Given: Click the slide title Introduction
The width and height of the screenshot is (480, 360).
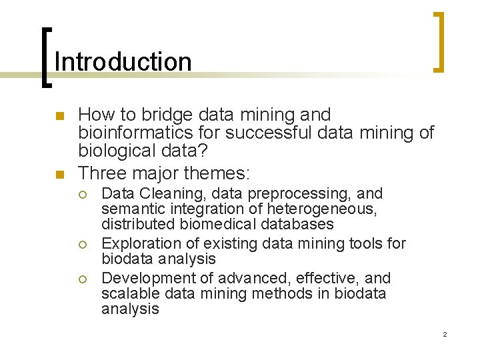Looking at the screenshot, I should (x=123, y=62).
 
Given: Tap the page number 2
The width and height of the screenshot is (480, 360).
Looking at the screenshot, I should (x=445, y=334).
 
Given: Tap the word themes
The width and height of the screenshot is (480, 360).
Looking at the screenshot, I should (x=213, y=173).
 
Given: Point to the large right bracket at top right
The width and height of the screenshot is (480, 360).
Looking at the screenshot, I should (x=439, y=41).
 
